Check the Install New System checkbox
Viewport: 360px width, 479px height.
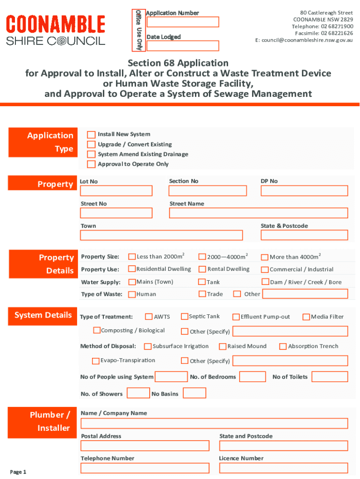pyautogui.click(x=91, y=135)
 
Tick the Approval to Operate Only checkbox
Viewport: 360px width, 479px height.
pyautogui.click(x=91, y=164)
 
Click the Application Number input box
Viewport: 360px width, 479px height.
pyautogui.click(x=182, y=22)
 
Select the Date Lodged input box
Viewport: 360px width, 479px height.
pyautogui.click(x=182, y=46)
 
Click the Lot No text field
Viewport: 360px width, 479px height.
pyautogui.click(x=116, y=191)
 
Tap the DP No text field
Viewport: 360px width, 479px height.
pyautogui.click(x=304, y=191)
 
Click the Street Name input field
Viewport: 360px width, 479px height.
pyautogui.click(x=259, y=213)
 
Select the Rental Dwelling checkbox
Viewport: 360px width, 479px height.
pyautogui.click(x=202, y=269)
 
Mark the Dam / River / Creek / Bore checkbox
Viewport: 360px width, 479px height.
pyautogui.click(x=265, y=282)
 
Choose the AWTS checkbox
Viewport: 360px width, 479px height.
pyautogui.click(x=149, y=317)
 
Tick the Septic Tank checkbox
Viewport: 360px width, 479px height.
pyautogui.click(x=185, y=317)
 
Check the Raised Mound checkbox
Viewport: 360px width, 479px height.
pyautogui.click(x=223, y=346)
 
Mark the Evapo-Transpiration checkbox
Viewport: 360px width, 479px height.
pyautogui.click(x=96, y=361)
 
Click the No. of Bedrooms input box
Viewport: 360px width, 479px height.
pyautogui.click(x=252, y=377)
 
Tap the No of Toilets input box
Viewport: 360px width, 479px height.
pyautogui.click(x=330, y=377)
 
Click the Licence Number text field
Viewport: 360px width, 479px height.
pyautogui.click(x=283, y=468)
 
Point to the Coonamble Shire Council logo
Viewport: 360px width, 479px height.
pyautogui.click(x=55, y=30)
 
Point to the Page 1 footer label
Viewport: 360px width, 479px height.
pyautogui.click(x=18, y=472)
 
